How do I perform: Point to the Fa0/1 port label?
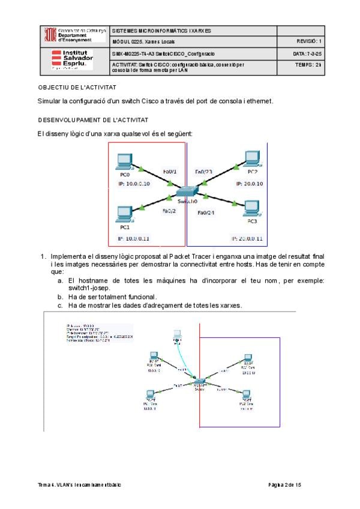(x=170, y=172)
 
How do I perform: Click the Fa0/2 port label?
(x=169, y=211)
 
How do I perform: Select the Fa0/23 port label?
(x=204, y=172)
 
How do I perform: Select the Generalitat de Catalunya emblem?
(x=50, y=35)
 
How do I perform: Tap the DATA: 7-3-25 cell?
(x=308, y=54)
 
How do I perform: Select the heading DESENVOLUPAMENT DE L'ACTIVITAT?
(x=93, y=120)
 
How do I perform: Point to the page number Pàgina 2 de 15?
(x=284, y=484)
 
